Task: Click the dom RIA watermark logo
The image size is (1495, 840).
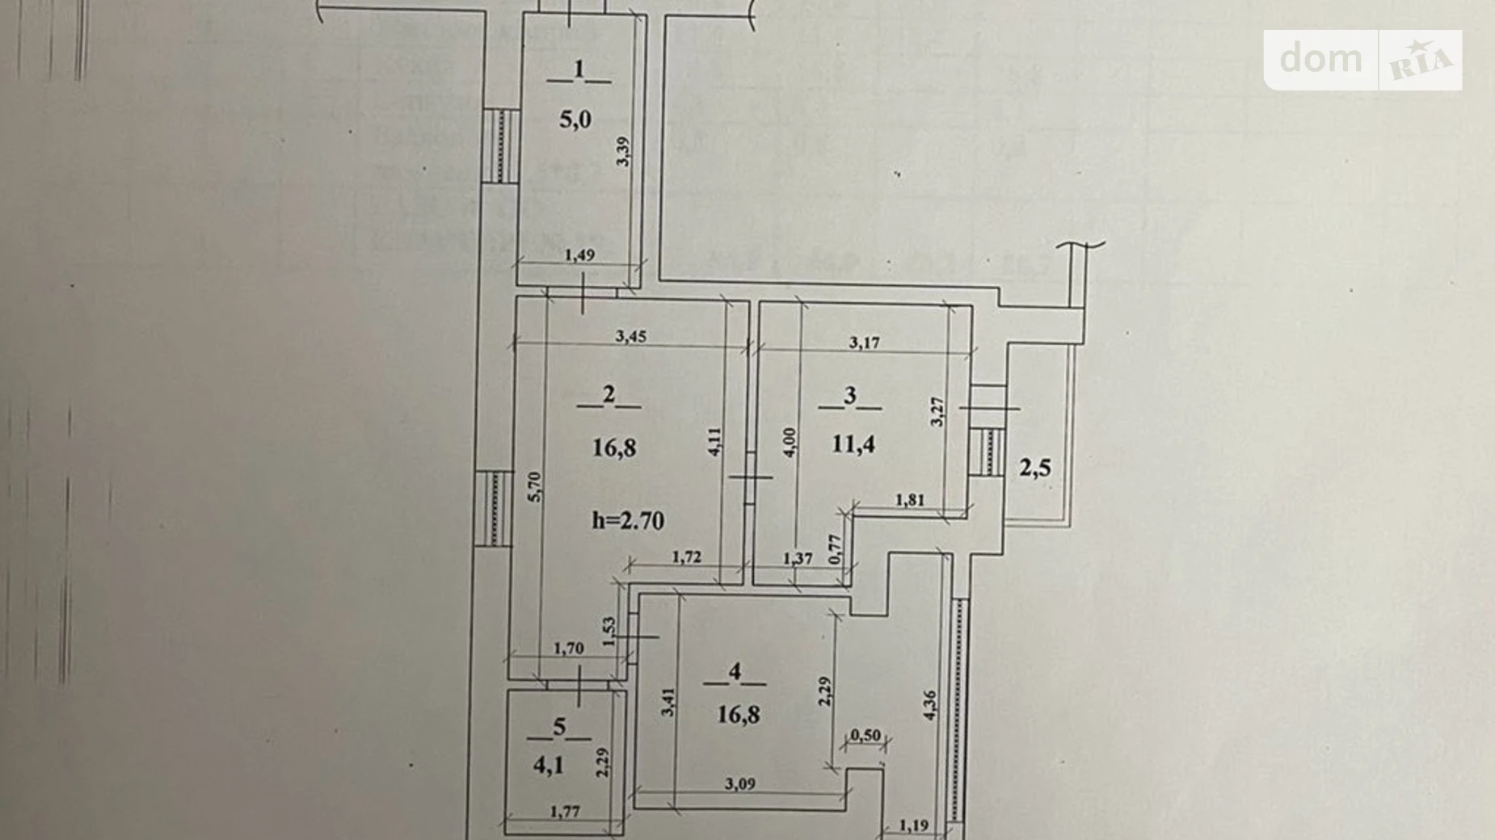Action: click(1362, 60)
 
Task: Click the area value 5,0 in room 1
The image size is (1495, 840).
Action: click(575, 120)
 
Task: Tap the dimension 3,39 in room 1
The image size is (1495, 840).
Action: click(622, 152)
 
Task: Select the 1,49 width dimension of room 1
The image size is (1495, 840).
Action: click(579, 255)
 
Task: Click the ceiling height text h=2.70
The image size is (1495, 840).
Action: click(628, 521)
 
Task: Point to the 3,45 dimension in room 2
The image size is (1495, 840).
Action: click(630, 336)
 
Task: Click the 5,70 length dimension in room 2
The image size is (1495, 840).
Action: click(535, 487)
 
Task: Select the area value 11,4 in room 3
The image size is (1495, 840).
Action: click(853, 444)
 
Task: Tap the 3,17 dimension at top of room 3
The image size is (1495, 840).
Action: click(864, 342)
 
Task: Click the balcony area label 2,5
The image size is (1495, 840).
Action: click(1034, 468)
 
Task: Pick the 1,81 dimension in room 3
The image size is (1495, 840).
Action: click(910, 500)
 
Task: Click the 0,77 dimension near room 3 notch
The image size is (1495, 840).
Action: click(836, 550)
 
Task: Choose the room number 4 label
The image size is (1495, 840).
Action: click(735, 671)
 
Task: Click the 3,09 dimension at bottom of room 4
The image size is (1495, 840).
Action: click(739, 783)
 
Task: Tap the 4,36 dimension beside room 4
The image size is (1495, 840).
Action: click(929, 705)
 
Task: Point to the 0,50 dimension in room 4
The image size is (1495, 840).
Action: click(865, 735)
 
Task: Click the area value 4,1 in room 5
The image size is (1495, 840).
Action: click(549, 765)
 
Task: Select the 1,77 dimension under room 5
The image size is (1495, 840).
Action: click(564, 812)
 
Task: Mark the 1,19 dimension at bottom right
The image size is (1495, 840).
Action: click(913, 825)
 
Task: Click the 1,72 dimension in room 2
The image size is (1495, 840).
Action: click(686, 556)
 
